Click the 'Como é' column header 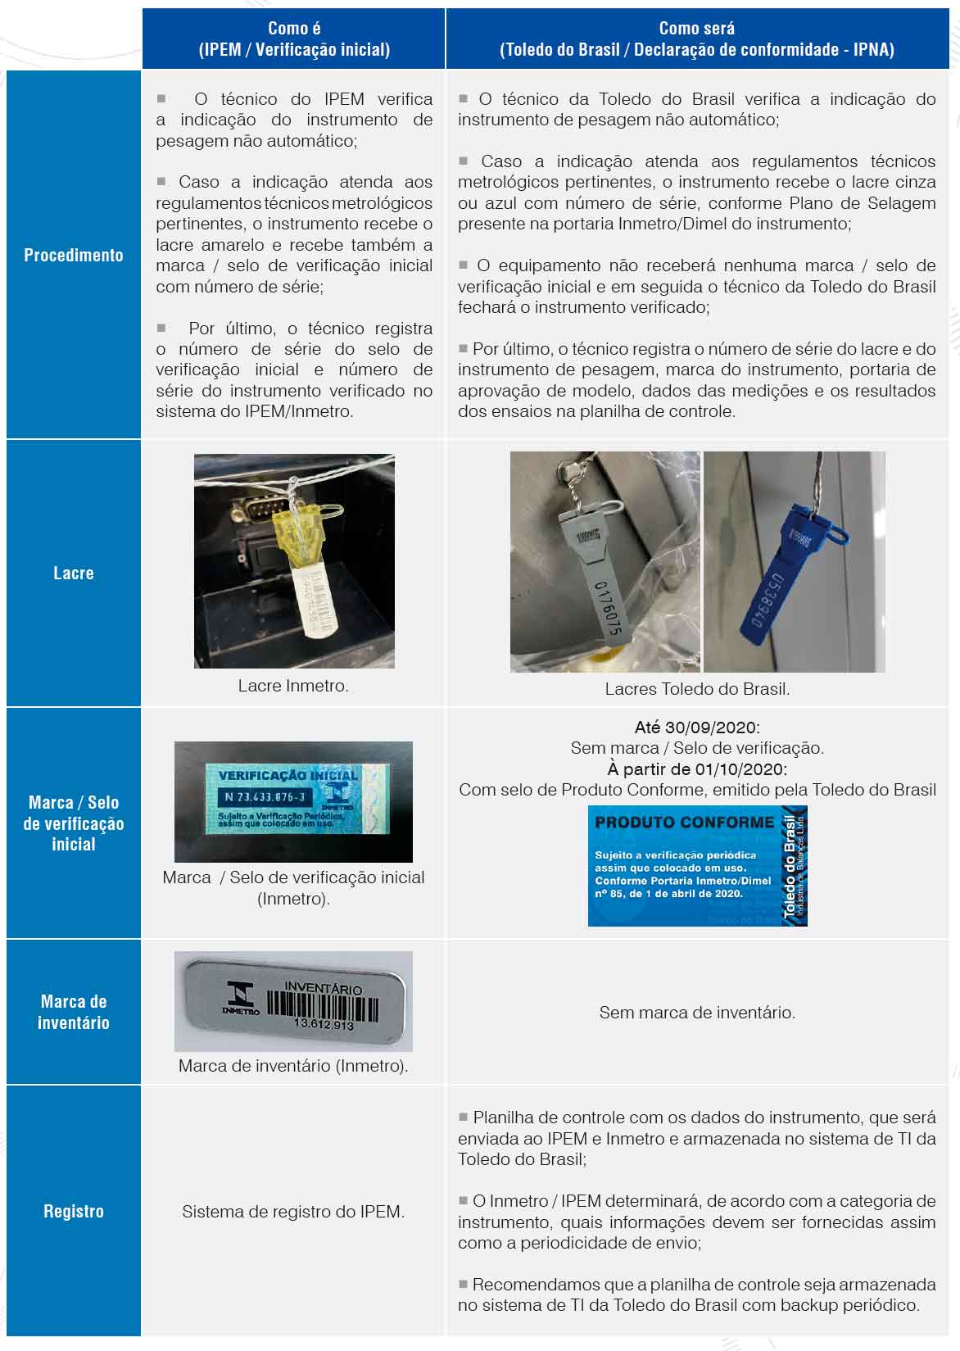[x=294, y=39]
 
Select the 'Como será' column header [x=696, y=39]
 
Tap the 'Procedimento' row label [x=74, y=255]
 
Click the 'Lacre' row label [x=74, y=573]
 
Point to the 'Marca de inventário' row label [x=74, y=1012]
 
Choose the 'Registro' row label [x=74, y=1211]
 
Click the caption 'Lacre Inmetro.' [x=293, y=686]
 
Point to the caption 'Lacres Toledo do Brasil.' [x=697, y=689]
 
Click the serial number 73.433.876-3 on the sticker [x=265, y=796]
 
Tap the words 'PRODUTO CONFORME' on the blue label [x=684, y=822]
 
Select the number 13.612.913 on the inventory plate [x=324, y=1025]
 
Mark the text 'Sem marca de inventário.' [x=697, y=1013]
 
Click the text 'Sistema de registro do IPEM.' [x=293, y=1211]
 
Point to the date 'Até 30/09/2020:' [x=697, y=727]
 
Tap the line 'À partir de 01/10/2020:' [x=697, y=769]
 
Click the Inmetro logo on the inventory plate [x=242, y=998]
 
